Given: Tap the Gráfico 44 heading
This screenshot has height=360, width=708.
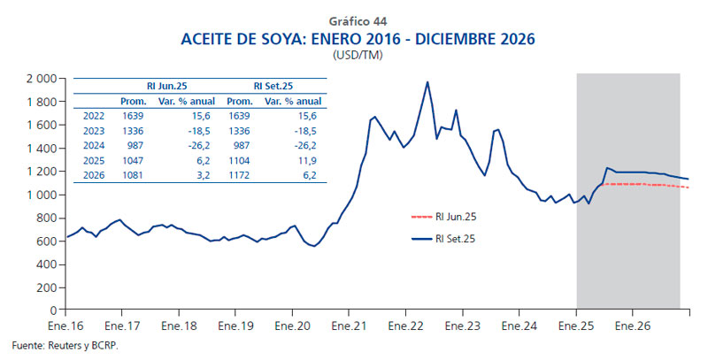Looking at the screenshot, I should point(358,20).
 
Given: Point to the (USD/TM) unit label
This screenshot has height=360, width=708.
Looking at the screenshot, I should point(358,55).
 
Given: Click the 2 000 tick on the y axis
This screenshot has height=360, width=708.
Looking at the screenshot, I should point(40,79).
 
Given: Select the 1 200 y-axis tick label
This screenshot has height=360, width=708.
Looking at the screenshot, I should point(40,172).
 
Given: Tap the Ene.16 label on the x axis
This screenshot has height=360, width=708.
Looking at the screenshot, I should point(66,326).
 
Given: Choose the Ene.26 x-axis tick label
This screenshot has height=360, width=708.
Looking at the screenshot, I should point(633,326).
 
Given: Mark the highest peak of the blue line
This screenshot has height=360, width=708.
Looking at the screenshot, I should point(427,82).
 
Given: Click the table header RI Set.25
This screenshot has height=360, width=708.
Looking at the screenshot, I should point(274,87).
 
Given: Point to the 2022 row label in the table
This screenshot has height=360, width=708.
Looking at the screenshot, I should point(92,115).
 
